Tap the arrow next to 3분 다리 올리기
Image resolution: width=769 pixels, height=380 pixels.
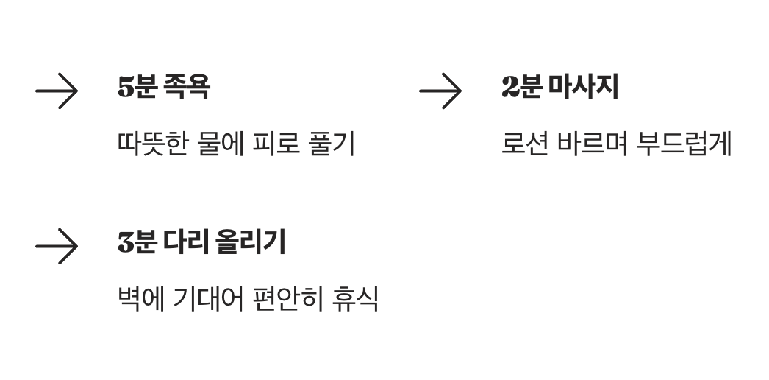point(57,247)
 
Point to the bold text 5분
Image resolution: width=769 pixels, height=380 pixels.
point(137,87)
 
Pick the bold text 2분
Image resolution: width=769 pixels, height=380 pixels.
point(521,87)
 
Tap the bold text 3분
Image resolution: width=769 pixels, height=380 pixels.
point(137,242)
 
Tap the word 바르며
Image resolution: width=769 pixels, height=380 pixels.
point(592,144)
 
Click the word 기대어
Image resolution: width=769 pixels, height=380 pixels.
point(208,299)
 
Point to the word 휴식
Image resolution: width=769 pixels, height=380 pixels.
point(355,299)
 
